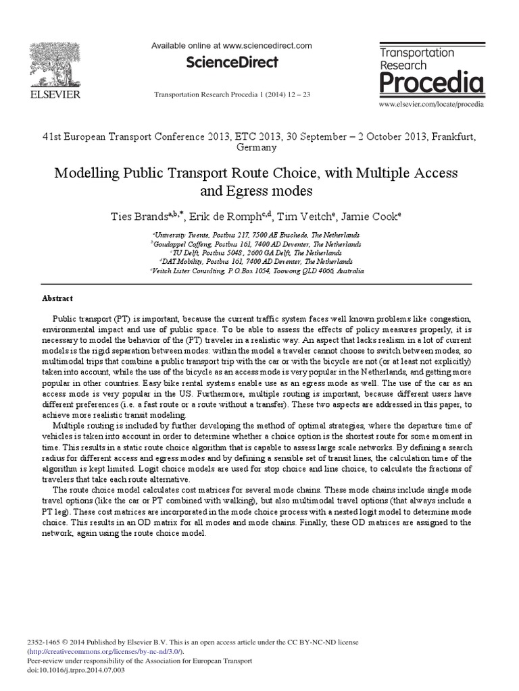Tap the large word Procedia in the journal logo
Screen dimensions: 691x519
click(x=430, y=83)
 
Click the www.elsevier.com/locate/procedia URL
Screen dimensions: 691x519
click(x=432, y=105)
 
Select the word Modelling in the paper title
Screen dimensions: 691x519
click(x=86, y=173)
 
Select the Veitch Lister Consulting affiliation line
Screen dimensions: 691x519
click(x=257, y=271)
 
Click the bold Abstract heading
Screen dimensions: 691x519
click(x=57, y=298)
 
